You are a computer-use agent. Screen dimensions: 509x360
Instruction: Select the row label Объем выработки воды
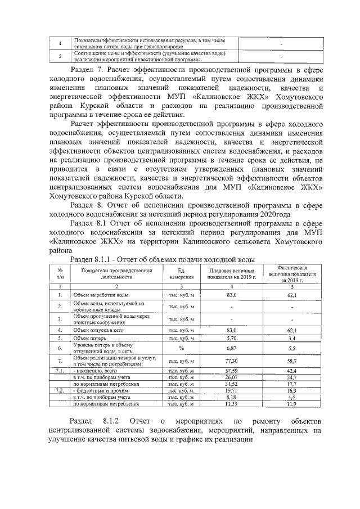102,295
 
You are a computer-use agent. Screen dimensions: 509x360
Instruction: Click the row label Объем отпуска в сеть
98,331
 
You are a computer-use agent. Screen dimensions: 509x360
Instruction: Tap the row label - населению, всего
94,371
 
